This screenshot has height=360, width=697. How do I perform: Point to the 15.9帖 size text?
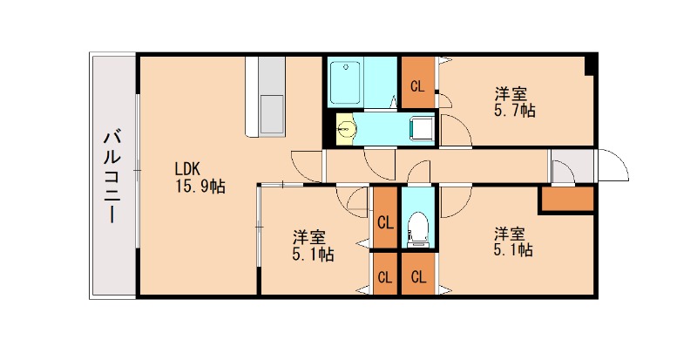(x=200, y=186)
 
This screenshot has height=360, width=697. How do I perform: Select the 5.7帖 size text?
(x=514, y=111)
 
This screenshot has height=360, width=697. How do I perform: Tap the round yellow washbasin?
(x=347, y=129)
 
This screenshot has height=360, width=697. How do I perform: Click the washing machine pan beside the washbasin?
(x=422, y=129)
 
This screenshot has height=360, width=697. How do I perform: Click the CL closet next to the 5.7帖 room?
(x=418, y=85)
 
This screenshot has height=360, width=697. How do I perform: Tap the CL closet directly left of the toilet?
(x=384, y=221)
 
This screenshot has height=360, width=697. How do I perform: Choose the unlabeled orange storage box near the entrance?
(x=566, y=200)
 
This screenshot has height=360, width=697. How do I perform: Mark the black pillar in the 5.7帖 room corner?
(x=591, y=63)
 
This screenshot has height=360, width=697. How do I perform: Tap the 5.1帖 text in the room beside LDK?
(x=313, y=255)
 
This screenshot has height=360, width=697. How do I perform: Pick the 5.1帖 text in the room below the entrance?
(x=513, y=250)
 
